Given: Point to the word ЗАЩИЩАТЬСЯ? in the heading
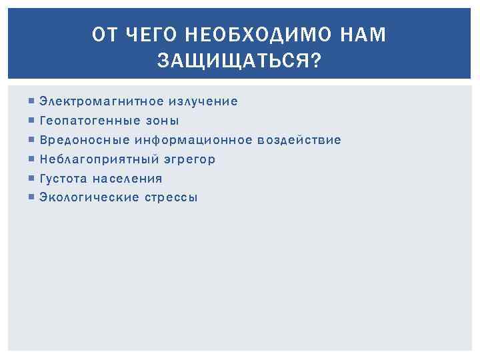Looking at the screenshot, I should (x=239, y=61).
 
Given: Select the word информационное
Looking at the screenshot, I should (x=193, y=140).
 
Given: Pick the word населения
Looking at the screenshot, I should (x=127, y=178).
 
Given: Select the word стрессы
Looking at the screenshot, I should (x=171, y=197).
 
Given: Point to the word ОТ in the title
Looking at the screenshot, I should (x=101, y=35).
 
